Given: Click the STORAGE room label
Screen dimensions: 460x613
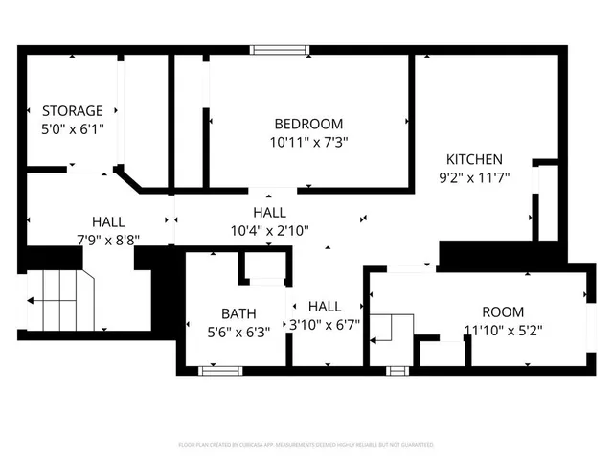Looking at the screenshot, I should click(72, 111).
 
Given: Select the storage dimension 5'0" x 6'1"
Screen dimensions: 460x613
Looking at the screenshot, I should click(72, 127).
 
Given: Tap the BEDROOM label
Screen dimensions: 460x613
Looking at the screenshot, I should click(307, 124).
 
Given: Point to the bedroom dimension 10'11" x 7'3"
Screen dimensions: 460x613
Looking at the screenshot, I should click(307, 141).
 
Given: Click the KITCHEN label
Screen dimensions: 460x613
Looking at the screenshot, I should click(473, 159).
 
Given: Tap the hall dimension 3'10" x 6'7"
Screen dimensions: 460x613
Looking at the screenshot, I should click(325, 324).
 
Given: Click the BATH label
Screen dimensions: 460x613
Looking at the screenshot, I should click(238, 313).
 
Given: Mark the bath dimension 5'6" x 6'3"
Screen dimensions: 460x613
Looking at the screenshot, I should click(238, 332).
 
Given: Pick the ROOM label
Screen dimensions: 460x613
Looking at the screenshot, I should click(503, 312).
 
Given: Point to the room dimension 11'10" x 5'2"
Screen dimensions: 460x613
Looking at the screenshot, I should click(503, 330).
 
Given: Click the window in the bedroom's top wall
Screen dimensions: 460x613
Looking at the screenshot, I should click(280, 49).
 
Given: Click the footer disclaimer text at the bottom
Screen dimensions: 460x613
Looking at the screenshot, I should click(306, 445).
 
